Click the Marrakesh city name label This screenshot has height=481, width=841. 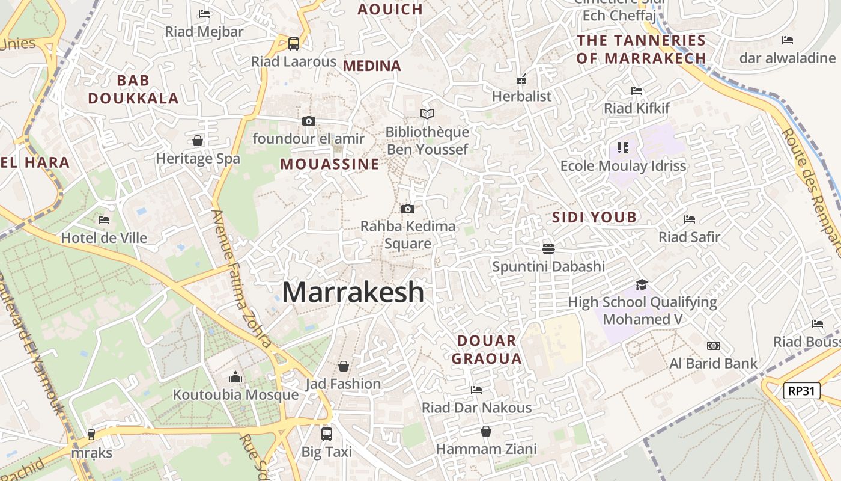coord(353,293)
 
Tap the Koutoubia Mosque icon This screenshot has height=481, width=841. coord(235,377)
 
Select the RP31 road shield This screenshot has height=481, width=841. coord(801,391)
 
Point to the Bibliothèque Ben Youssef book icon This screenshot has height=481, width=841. coord(427,114)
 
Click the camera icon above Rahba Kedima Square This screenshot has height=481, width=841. coord(408,209)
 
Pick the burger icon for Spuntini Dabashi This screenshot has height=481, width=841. coord(548,248)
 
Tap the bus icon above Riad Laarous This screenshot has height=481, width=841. coord(294,43)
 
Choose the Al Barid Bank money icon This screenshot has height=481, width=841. coord(713,346)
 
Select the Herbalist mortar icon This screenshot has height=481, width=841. coord(521,79)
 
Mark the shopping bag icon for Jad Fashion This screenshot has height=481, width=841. coord(344,366)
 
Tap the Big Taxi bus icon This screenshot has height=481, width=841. coord(327,434)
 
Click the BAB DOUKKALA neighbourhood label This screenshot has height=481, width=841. coord(133,89)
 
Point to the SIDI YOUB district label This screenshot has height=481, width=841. coord(594,218)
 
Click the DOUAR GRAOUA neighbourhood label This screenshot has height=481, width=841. coord(486,350)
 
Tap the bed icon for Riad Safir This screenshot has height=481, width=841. coord(690,219)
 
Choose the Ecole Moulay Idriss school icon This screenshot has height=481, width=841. coord(622,147)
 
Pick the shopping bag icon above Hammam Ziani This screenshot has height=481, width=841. coord(486,431)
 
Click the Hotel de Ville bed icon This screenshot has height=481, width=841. coord(104,220)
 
